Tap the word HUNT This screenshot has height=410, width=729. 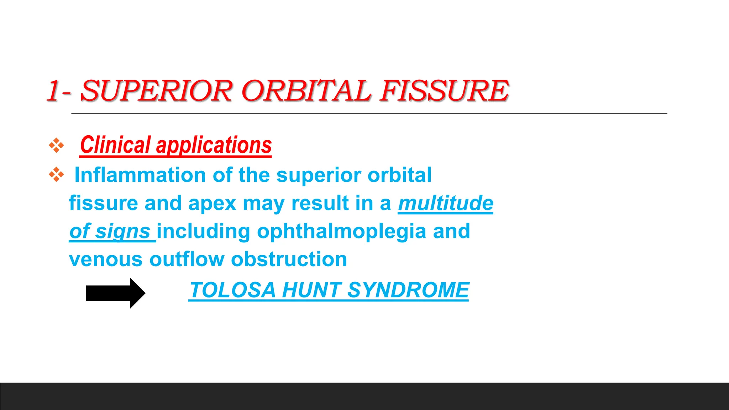pyautogui.click(x=311, y=290)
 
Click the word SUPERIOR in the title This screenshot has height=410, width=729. pyautogui.click(x=157, y=91)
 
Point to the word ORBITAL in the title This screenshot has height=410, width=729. pyautogui.click(x=306, y=91)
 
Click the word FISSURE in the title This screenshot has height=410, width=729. pyautogui.click(x=445, y=91)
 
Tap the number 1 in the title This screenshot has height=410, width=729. pyautogui.click(x=53, y=91)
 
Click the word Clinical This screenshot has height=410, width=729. pyautogui.click(x=115, y=145)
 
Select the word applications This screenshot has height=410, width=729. pyautogui.click(x=214, y=145)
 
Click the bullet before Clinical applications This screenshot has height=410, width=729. pyautogui.click(x=56, y=145)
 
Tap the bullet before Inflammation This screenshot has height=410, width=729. pyautogui.click(x=56, y=175)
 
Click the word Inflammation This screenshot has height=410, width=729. pyautogui.click(x=140, y=175)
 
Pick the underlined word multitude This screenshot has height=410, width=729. pyautogui.click(x=445, y=203)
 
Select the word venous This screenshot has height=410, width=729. pyautogui.click(x=106, y=259)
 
